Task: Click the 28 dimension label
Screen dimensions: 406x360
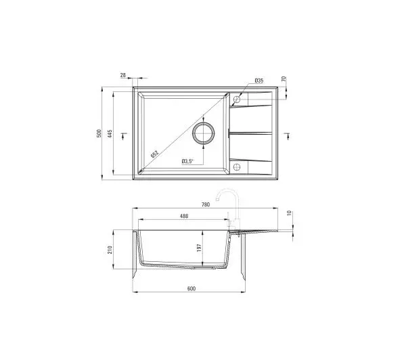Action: pos(123,75)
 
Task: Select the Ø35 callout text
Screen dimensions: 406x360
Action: pos(259,81)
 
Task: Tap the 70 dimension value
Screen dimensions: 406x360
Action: pos(284,78)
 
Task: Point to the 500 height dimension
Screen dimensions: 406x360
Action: pos(99,133)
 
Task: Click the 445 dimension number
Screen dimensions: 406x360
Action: pos(110,133)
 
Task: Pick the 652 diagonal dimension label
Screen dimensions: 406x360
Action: pos(154,154)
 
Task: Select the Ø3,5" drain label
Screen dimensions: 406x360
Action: pos(187,161)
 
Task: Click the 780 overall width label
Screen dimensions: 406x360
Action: pos(205,204)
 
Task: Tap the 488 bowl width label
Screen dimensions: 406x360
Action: pos(184,216)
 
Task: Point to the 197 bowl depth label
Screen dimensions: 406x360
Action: pos(199,248)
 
